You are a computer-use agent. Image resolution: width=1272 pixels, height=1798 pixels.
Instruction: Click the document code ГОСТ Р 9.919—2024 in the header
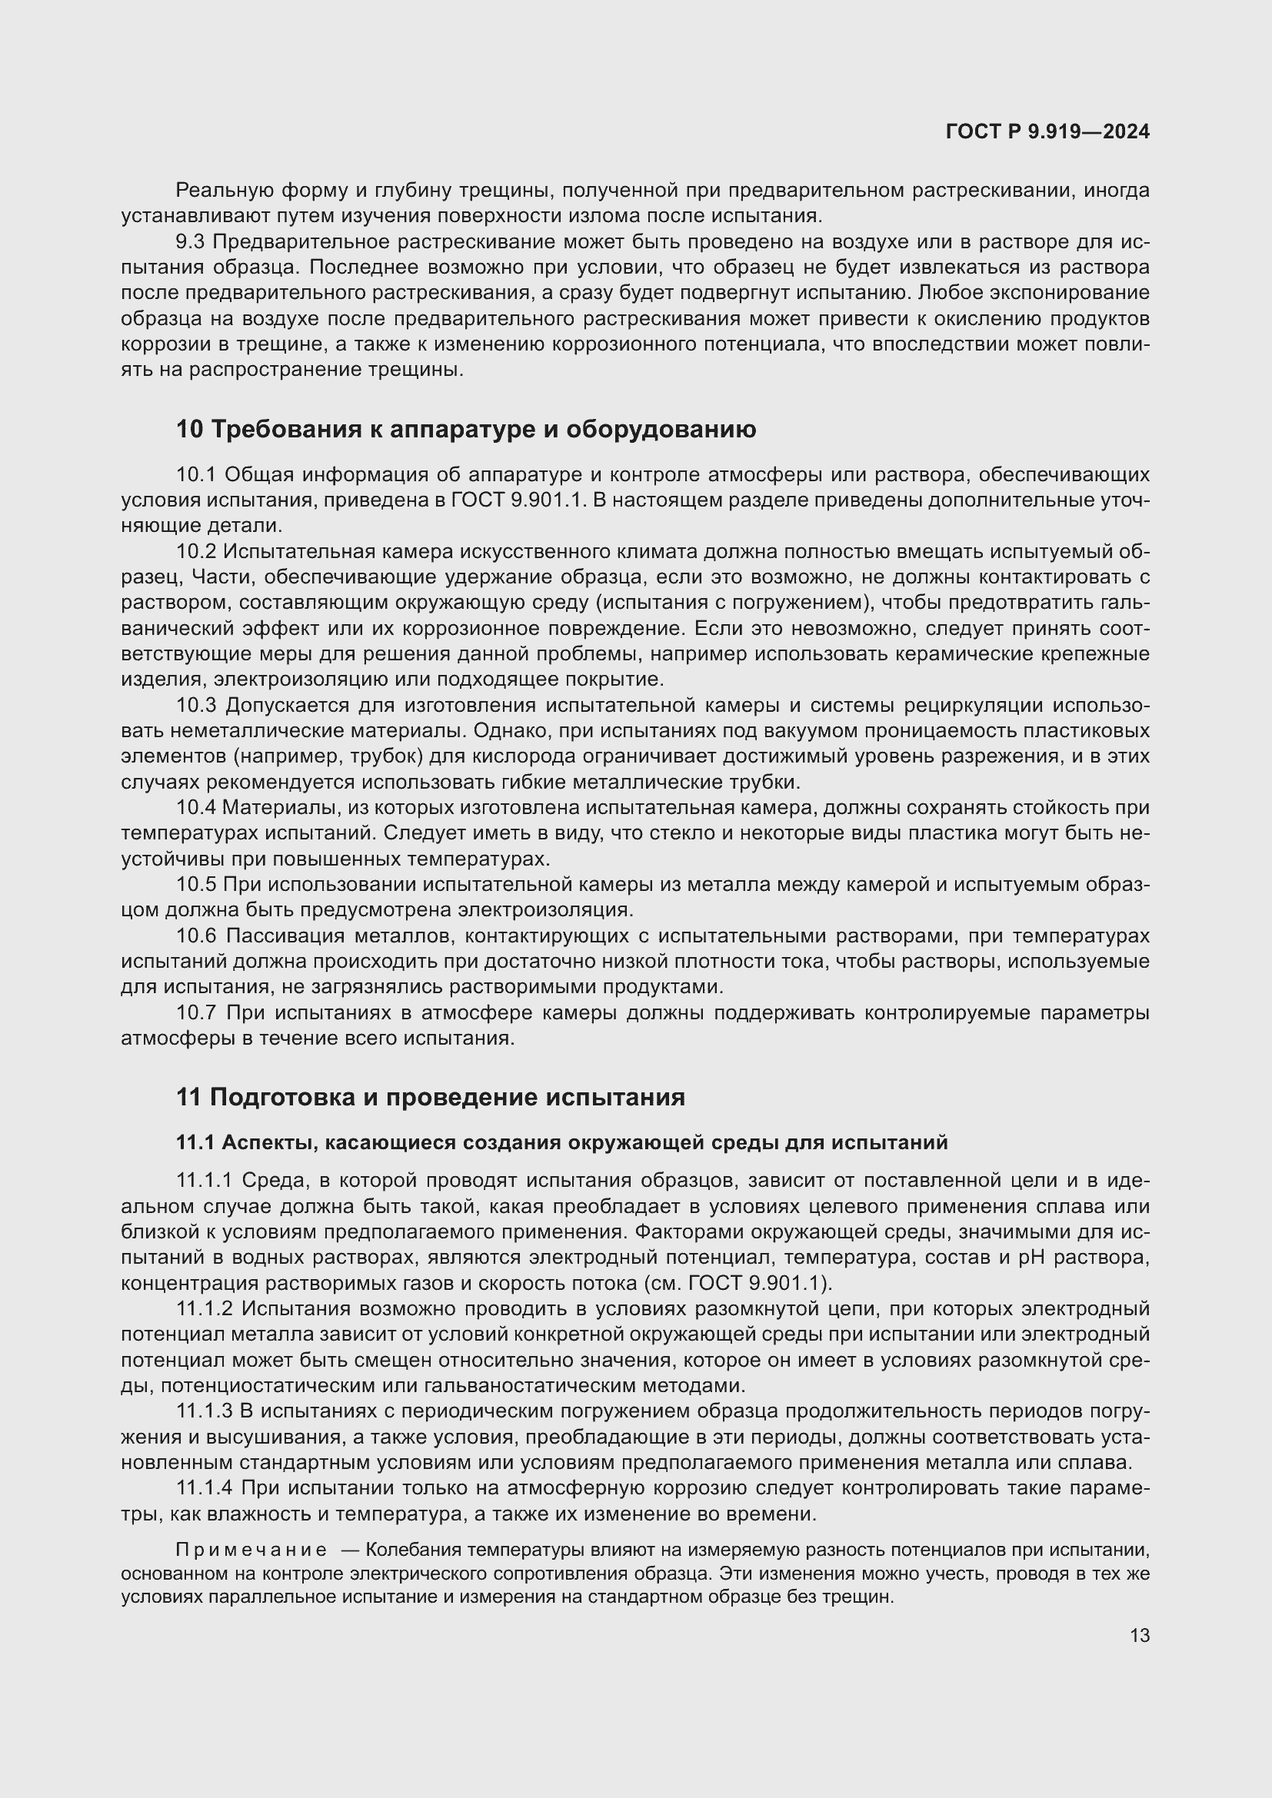click(1047, 131)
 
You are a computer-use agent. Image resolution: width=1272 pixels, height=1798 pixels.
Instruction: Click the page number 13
click(1140, 1635)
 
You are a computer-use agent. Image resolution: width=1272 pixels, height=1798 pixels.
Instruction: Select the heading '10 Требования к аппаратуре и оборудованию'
click(465, 429)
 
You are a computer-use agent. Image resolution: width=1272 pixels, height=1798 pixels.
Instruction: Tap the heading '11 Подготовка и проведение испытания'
click(430, 1097)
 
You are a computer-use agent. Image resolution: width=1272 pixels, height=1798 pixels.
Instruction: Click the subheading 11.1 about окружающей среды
click(561, 1142)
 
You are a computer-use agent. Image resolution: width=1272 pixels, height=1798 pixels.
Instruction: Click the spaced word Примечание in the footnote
click(251, 1550)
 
